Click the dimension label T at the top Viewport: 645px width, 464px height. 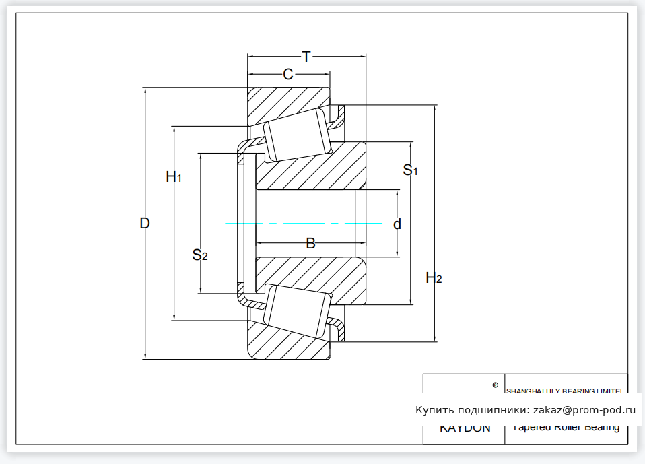(x=306, y=57)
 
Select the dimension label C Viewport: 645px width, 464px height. (x=288, y=74)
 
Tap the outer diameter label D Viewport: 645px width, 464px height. (x=144, y=223)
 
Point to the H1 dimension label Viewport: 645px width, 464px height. (x=174, y=177)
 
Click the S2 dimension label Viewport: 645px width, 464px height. (x=199, y=255)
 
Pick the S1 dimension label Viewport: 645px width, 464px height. (x=410, y=170)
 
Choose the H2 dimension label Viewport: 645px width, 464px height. (x=434, y=277)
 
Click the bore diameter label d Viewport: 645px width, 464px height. (x=397, y=224)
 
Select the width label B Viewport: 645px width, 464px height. (x=310, y=243)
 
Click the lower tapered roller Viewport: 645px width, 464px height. (x=296, y=310)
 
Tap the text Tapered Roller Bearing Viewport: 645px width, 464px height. (x=566, y=427)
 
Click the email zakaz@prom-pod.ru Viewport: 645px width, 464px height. (x=584, y=409)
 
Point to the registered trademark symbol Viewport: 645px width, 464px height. (x=496, y=385)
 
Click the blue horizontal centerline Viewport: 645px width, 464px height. (x=303, y=223)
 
